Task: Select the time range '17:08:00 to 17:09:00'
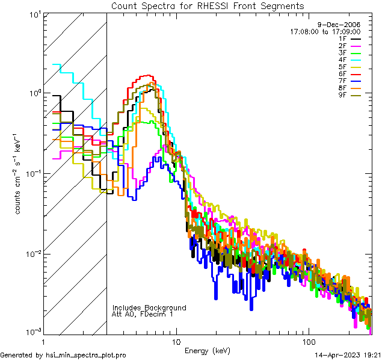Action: coord(325,31)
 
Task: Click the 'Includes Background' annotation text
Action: coord(149,308)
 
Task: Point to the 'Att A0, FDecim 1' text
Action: coord(143,315)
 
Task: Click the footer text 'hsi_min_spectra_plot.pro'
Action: coord(86,355)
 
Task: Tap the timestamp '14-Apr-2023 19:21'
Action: coord(347,355)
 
